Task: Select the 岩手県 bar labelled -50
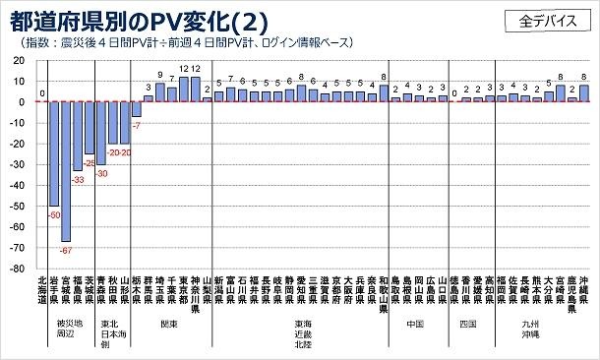coord(54,153)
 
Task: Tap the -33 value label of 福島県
coord(78,179)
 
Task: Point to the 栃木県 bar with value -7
coord(137,109)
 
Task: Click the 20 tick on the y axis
coord(20,60)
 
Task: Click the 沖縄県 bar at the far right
coord(584,92)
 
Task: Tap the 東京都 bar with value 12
coord(184,90)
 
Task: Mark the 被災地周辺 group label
coord(66,329)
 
